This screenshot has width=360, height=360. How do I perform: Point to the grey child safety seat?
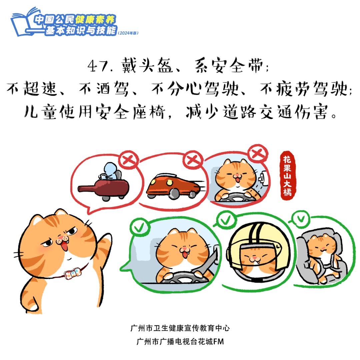[x=320, y=257]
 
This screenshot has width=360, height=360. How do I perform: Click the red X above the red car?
[x=192, y=160]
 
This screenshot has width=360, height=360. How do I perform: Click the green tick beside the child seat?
[x=300, y=219]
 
